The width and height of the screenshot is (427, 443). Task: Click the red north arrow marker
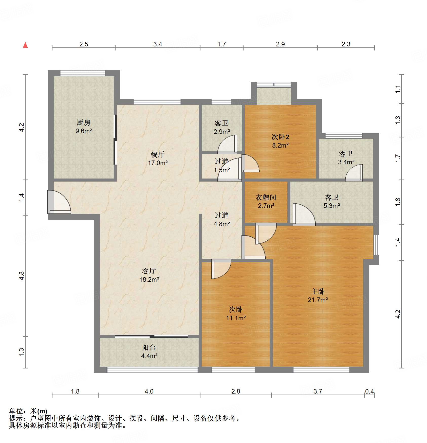coord(25,45)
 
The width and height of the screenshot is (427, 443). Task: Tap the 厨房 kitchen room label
coord(83,122)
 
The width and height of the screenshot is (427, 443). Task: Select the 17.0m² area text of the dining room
coord(158,163)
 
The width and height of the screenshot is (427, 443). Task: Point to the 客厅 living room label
coord(149,271)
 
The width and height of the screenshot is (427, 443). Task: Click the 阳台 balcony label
coord(149,347)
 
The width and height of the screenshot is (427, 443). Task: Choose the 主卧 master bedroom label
coord(318,291)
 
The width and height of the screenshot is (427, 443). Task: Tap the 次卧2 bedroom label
coord(280,137)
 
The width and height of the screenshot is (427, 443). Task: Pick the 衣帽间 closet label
coord(266,197)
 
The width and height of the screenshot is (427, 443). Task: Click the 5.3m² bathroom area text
coord(332,206)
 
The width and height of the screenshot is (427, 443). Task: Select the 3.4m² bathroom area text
coord(346,162)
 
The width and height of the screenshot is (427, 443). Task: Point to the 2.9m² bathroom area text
coord(222,132)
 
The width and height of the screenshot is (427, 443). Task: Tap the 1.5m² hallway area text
coord(222,170)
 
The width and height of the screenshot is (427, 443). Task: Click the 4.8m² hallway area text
coord(222,224)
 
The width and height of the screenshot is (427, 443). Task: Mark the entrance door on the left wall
coord(59,202)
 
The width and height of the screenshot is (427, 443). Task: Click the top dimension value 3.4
coord(158,44)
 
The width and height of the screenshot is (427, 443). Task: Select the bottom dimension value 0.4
coord(369,391)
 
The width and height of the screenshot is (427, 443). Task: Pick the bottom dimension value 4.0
coord(149,391)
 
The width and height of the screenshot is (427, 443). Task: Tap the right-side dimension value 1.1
coord(398,89)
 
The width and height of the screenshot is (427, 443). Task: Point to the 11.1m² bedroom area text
coord(236,318)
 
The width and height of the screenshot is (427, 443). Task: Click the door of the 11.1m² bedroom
coord(221,269)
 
